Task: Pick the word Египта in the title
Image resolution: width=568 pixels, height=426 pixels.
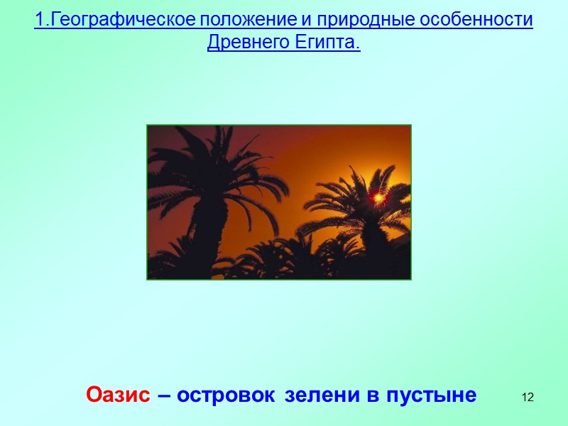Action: coord(327,43)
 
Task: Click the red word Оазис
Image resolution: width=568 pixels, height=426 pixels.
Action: coord(118,395)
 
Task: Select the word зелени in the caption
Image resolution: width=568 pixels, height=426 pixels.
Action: coord(320,395)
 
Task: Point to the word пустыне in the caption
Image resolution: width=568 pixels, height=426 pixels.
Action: coord(431,395)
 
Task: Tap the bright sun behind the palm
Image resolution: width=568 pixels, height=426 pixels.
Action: coord(378,196)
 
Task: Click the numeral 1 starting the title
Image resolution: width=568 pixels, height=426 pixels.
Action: coord(38,20)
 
